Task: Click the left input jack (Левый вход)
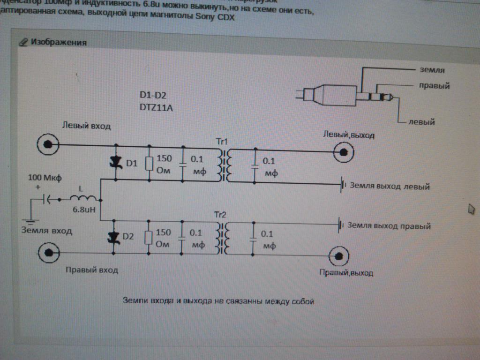(x=48, y=144)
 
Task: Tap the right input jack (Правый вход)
(x=48, y=254)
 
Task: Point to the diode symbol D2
(x=113, y=238)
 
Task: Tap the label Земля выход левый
(x=389, y=187)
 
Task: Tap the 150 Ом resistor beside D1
(x=150, y=163)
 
